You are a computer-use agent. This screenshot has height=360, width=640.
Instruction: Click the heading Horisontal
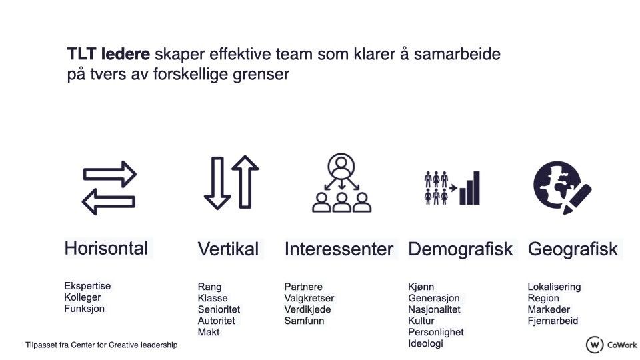pyautogui.click(x=106, y=248)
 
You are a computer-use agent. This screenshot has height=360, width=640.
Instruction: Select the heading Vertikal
pyautogui.click(x=228, y=249)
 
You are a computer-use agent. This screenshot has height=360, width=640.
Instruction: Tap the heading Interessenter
pyautogui.click(x=339, y=249)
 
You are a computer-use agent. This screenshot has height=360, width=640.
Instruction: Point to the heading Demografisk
pyautogui.click(x=461, y=249)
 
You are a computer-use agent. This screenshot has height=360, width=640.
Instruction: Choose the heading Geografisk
pyautogui.click(x=573, y=249)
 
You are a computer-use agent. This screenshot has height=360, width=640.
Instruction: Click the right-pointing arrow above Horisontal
pyautogui.click(x=110, y=174)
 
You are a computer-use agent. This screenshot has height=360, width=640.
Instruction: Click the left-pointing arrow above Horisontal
pyautogui.click(x=109, y=201)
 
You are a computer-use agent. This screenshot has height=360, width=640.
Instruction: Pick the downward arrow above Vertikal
pyautogui.click(x=217, y=183)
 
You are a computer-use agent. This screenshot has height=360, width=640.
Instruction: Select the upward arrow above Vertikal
pyautogui.click(x=245, y=182)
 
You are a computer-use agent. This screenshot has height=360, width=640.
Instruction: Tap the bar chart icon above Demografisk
pyautogui.click(x=470, y=188)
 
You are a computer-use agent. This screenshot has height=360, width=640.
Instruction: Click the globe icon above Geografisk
pyautogui.click(x=557, y=185)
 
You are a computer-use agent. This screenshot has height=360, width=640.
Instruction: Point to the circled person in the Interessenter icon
pyautogui.click(x=341, y=166)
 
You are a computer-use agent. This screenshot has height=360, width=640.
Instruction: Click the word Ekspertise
pyautogui.click(x=87, y=286)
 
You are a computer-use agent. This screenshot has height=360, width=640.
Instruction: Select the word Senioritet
pyautogui.click(x=219, y=309)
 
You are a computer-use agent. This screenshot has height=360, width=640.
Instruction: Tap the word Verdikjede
pyautogui.click(x=307, y=309)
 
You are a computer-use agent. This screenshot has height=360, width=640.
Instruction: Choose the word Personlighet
pyautogui.click(x=435, y=332)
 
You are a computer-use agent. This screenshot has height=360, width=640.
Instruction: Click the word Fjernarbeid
pyautogui.click(x=553, y=321)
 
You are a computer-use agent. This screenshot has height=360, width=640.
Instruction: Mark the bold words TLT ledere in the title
pyautogui.click(x=109, y=54)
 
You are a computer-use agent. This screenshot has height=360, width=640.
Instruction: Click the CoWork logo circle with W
pyautogui.click(x=595, y=345)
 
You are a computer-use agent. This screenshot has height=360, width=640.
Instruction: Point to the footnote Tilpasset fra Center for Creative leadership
pyautogui.click(x=101, y=345)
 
